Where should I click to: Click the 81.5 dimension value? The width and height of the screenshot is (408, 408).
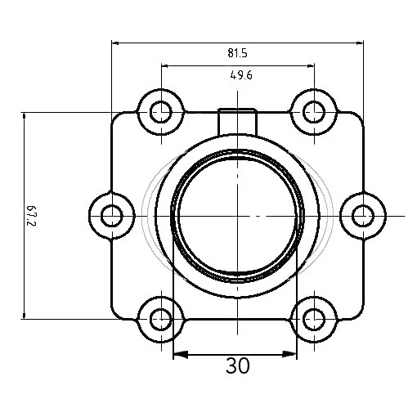point(238,53)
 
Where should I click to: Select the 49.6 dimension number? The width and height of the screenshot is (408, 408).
point(241,74)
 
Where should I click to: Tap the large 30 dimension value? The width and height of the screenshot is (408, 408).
point(237,365)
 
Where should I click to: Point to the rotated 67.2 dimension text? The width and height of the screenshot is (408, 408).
point(32,216)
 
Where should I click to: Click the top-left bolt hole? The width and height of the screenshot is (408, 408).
point(161,112)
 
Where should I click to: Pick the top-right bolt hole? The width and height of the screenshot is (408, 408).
point(314,112)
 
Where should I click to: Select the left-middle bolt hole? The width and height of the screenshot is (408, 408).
point(112,216)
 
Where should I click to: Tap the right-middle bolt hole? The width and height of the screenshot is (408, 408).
point(363,216)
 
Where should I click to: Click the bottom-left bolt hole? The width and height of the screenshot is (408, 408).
point(161,319)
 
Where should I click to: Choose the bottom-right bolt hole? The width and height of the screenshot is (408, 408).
point(314,319)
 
